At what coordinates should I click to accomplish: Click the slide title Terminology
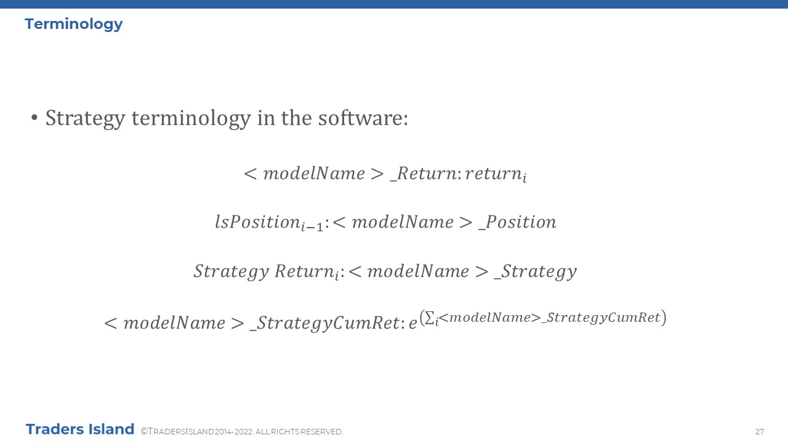click(73, 25)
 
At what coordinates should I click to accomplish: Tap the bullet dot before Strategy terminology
click(34, 118)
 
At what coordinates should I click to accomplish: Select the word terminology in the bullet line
click(191, 119)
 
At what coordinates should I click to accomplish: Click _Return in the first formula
click(423, 174)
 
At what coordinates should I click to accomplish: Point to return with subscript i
click(496, 174)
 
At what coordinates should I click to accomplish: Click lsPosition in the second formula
click(257, 222)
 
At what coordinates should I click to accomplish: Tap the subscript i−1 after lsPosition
click(312, 226)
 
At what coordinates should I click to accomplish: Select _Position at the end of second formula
click(517, 222)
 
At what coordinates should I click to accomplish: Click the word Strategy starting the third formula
click(231, 271)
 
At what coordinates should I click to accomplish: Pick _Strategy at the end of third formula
click(535, 271)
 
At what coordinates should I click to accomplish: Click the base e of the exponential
click(412, 323)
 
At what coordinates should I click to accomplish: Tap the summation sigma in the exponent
click(429, 317)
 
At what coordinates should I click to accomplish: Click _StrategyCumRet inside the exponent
click(601, 317)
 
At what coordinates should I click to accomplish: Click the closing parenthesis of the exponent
click(664, 317)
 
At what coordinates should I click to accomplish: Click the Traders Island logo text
click(80, 429)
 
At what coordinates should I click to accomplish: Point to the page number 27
click(759, 432)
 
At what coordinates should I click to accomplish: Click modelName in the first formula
click(314, 174)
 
